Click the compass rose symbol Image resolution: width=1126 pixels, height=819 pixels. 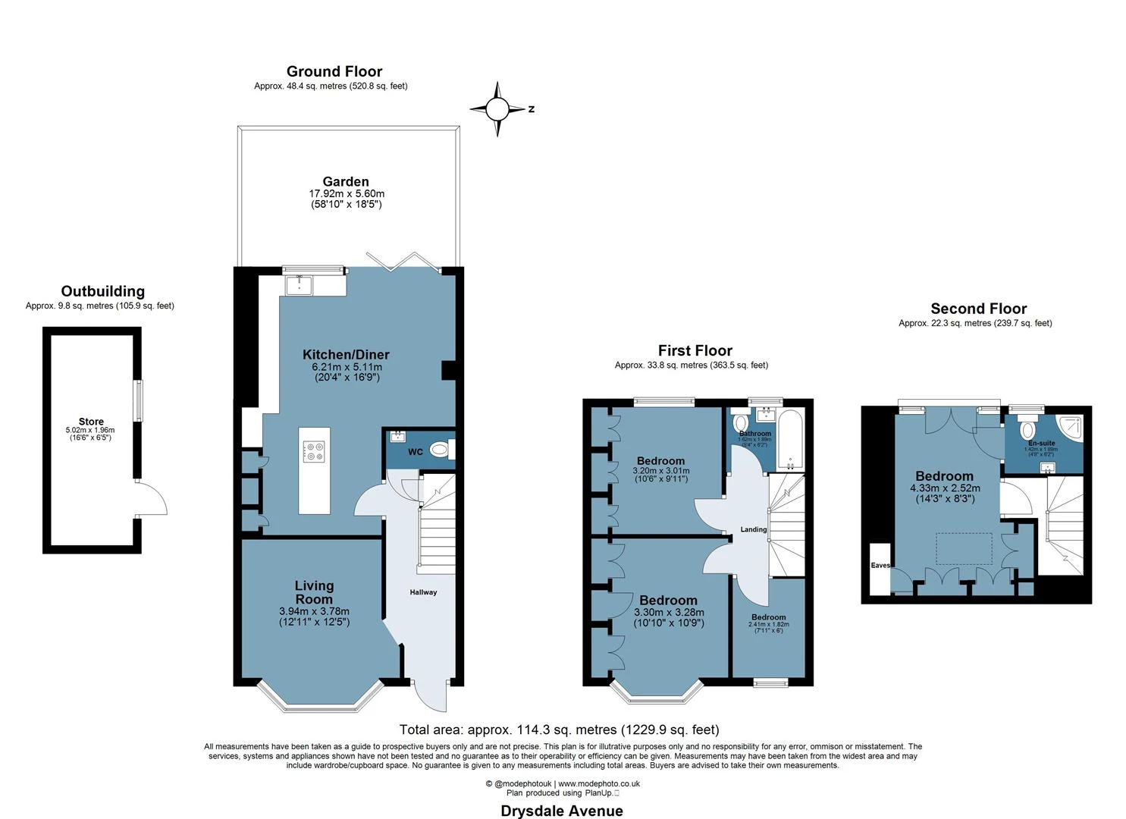pos(497,109)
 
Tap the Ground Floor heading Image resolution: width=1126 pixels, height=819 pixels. pos(334,71)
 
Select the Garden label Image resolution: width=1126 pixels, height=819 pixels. pos(346,181)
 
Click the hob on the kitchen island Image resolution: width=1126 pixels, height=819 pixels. pos(314,452)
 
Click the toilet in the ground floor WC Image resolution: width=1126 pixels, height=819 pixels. pos(441,450)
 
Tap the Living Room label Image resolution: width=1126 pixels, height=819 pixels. pos(314,591)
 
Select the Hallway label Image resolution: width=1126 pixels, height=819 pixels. pos(423,592)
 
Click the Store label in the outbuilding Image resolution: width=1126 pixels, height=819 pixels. pos(91,422)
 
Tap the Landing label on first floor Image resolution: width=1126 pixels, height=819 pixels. pos(754,529)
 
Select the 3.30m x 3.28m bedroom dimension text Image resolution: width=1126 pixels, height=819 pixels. pos(669,613)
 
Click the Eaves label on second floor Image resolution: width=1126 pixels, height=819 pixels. pos(880,565)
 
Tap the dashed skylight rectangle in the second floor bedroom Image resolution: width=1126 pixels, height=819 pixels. pos(964,548)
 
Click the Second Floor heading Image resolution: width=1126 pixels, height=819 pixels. pos(978,309)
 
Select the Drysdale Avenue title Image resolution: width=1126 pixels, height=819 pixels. pos(562,811)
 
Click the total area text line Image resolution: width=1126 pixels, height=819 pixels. pos(559,730)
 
